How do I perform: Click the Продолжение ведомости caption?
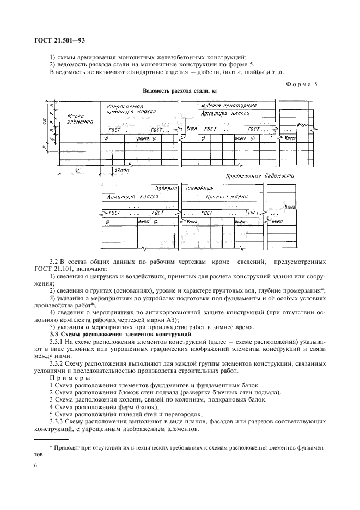click(x=260, y=177)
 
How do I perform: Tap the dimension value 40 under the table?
click(x=78, y=171)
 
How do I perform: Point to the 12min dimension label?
click(x=120, y=171)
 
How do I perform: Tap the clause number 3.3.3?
click(x=58, y=422)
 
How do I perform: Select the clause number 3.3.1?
click(x=58, y=341)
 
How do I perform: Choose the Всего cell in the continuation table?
click(x=290, y=207)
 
